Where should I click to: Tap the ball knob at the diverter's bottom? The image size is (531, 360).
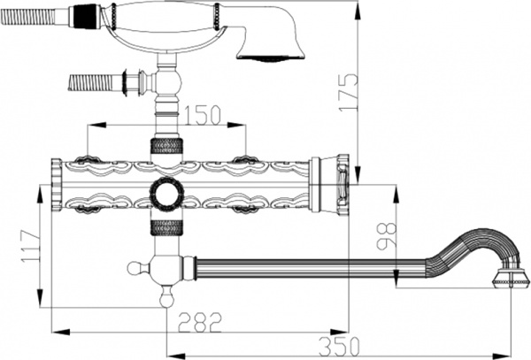[x=165, y=300]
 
